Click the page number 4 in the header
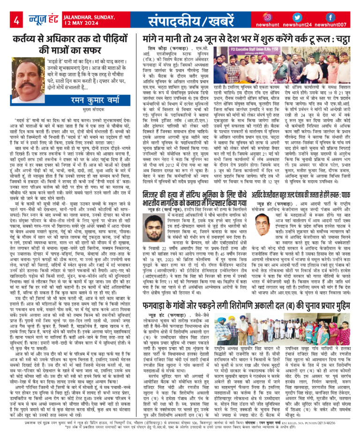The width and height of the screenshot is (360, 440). point(16,21)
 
